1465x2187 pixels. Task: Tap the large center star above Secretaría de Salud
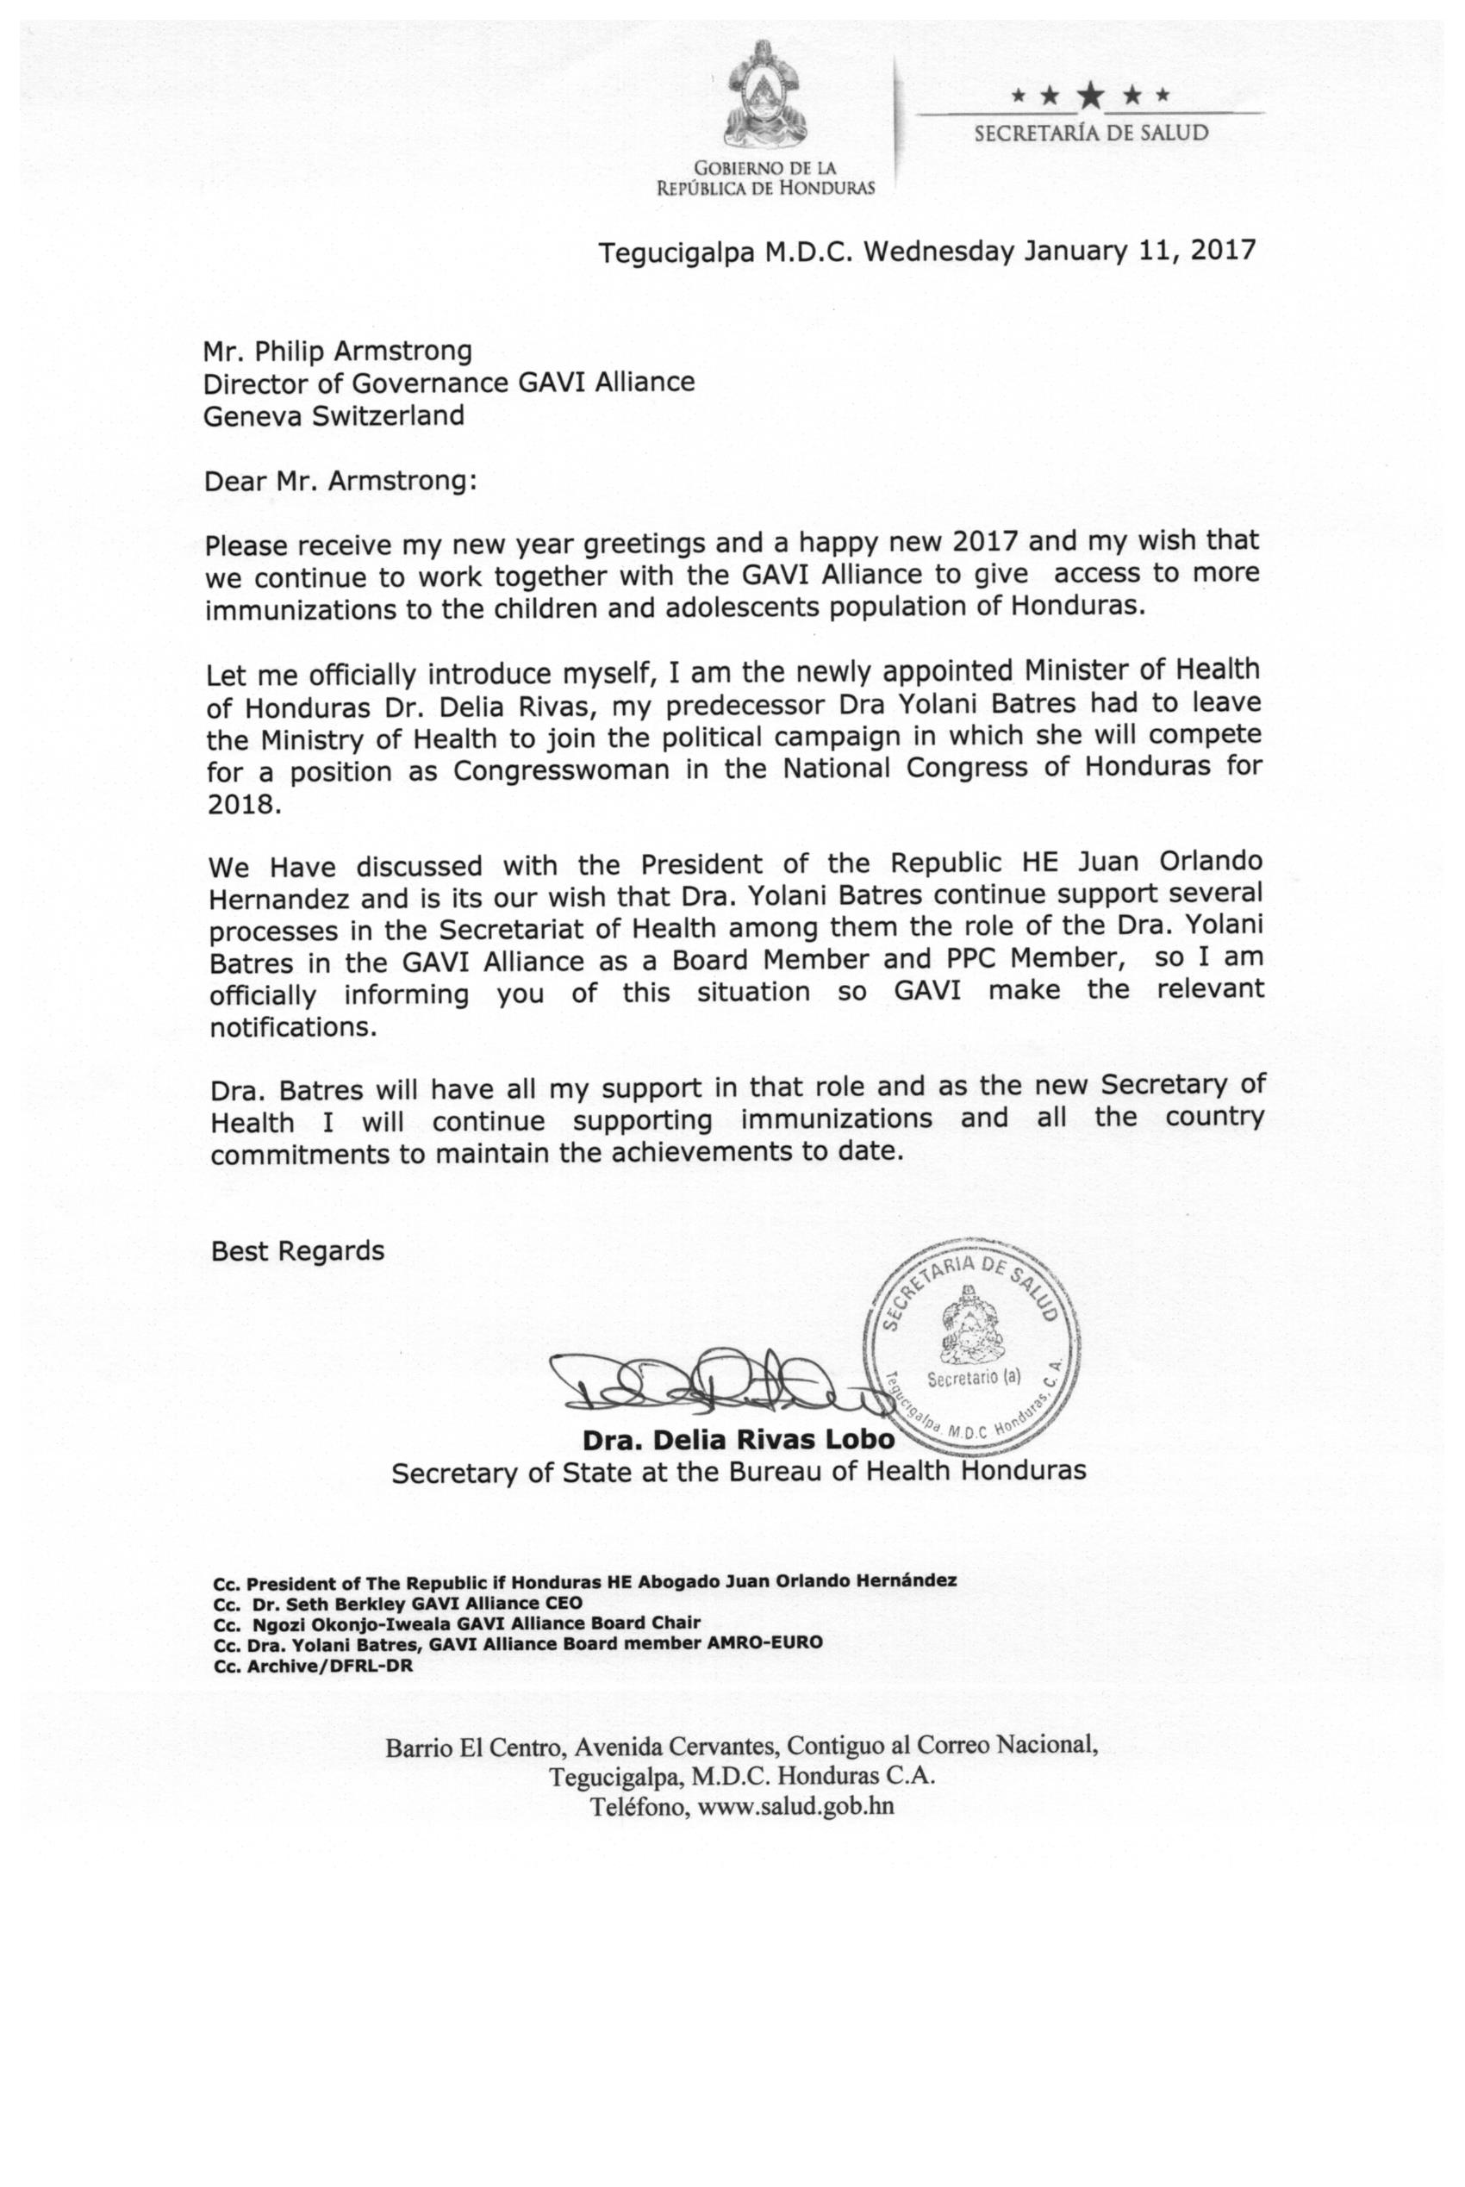[x=1089, y=93]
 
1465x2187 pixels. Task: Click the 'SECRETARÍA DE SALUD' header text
[x=1090, y=134]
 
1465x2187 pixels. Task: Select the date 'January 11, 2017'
[x=1140, y=252]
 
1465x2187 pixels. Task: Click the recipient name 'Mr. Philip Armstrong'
[x=337, y=352]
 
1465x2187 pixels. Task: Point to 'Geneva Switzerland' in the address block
[x=334, y=415]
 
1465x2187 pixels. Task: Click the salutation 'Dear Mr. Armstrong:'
[x=340, y=481]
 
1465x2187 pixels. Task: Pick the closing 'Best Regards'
[x=297, y=1251]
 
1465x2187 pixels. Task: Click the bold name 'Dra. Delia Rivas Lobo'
[x=739, y=1439]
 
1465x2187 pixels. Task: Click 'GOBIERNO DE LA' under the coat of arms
[x=764, y=168]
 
